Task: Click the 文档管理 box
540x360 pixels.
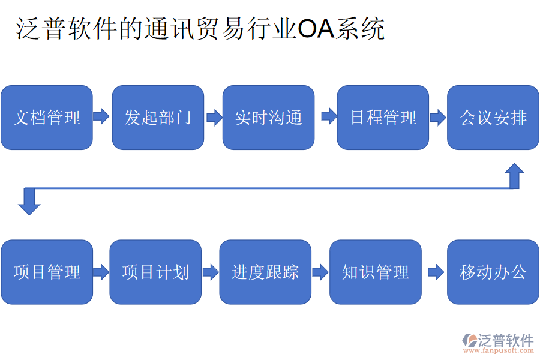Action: pos(47,118)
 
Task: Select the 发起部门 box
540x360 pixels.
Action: pos(158,118)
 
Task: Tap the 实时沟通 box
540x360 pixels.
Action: pos(268,118)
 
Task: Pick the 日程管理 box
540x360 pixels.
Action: pos(383,118)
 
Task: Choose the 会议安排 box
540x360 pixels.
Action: pos(493,118)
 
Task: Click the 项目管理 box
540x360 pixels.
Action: pos(47,272)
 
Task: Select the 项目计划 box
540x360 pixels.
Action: pos(155,272)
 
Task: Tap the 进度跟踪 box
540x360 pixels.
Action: pos(265,272)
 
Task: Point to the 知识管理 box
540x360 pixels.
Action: pos(376,272)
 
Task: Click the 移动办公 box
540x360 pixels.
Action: pos(493,272)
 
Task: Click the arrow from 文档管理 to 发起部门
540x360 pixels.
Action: pos(101,116)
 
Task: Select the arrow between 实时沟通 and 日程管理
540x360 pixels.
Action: pos(329,116)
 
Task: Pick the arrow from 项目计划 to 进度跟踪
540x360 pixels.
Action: pos(211,272)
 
